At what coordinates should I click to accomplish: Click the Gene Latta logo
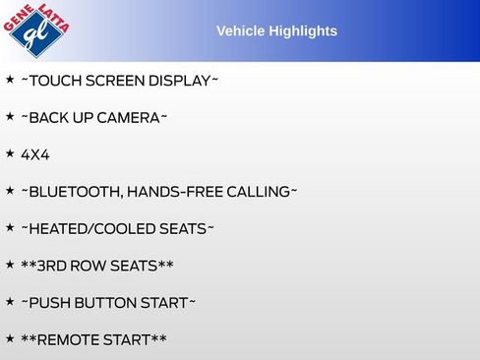pyautogui.click(x=36, y=30)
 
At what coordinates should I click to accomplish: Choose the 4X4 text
pyautogui.click(x=34, y=154)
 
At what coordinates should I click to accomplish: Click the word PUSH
pyautogui.click(x=49, y=302)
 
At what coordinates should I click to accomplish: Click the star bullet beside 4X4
pyautogui.click(x=10, y=153)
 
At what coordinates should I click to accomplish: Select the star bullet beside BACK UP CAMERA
pyautogui.click(x=10, y=116)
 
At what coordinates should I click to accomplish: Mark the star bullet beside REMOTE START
pyautogui.click(x=10, y=337)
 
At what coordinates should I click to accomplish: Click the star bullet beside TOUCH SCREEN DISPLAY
pyautogui.click(x=10, y=79)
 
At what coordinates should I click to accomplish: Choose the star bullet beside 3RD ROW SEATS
pyautogui.click(x=10, y=264)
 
